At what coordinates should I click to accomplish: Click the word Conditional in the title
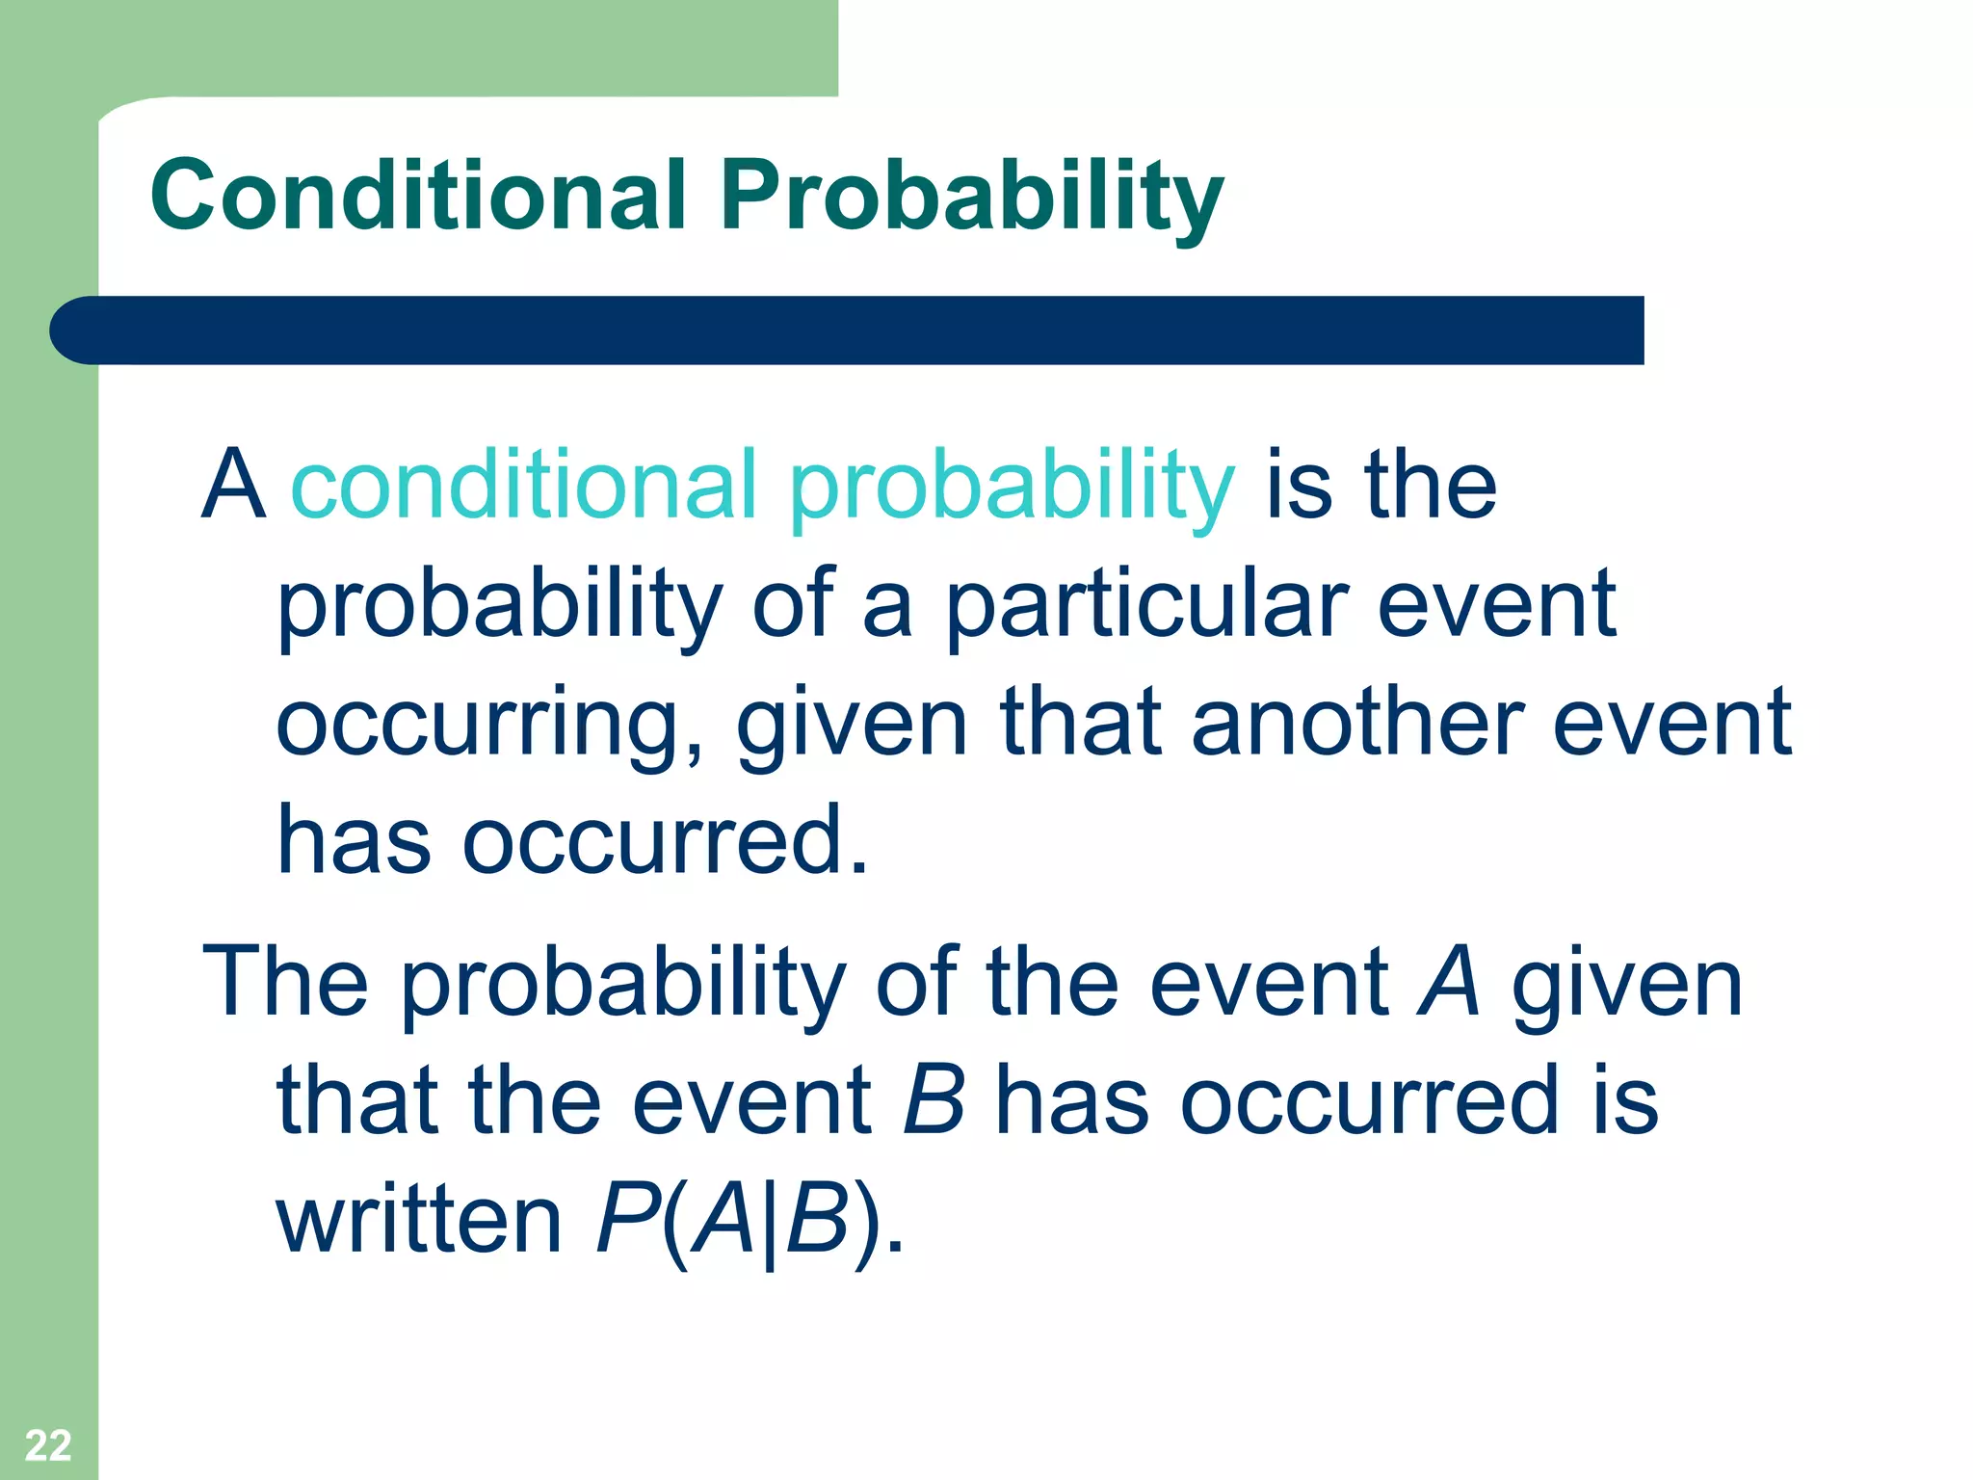[418, 195]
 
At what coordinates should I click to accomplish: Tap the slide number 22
[47, 1445]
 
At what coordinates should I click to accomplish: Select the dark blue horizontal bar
[848, 330]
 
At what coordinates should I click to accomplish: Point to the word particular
[1146, 607]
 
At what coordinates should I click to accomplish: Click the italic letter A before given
[1448, 982]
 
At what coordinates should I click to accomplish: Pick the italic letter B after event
[934, 1099]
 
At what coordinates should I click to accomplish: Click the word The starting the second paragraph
[285, 982]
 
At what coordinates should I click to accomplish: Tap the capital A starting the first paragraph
[233, 484]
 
